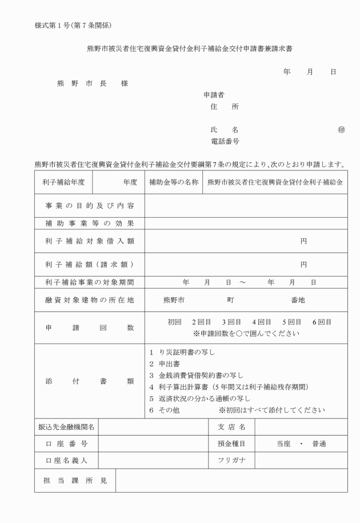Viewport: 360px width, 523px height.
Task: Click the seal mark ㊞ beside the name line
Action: pyautogui.click(x=341, y=129)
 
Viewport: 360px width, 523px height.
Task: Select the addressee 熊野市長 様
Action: pyautogui.click(x=92, y=83)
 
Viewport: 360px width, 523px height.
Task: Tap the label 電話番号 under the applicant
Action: pyautogui.click(x=225, y=141)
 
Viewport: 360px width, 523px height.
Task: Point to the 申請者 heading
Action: pyautogui.click(x=214, y=94)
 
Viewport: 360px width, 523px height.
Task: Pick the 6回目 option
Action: pyautogui.click(x=322, y=322)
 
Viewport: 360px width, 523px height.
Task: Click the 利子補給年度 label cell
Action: pyautogui.click(x=62, y=182)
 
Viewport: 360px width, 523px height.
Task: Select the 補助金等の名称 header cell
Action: pyautogui.click(x=174, y=182)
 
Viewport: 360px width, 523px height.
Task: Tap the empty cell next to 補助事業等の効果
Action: pyautogui.click(x=246, y=223)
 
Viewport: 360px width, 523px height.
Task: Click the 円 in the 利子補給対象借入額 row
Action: pyautogui.click(x=303, y=241)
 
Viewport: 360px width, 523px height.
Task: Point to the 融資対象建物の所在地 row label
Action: pyautogui.click(x=89, y=300)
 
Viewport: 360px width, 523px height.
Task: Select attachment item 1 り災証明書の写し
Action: pyautogui.click(x=182, y=352)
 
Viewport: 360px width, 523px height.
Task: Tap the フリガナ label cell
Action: pyautogui.click(x=231, y=460)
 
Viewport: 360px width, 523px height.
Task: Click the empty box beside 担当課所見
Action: pyautogui.click(x=231, y=480)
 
